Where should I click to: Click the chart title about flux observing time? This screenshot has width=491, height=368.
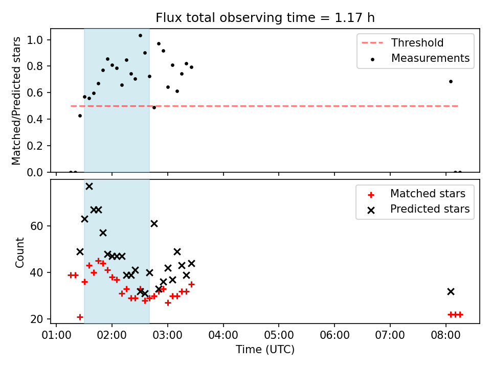[x=265, y=17]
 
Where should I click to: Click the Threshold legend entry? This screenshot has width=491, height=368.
[x=403, y=42]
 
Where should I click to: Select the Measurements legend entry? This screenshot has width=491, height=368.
[x=419, y=58]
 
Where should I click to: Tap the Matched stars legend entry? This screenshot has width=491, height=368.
[x=416, y=194]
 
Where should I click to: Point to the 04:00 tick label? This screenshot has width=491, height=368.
[x=224, y=335]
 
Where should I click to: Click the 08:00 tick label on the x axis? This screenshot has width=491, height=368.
[x=445, y=335]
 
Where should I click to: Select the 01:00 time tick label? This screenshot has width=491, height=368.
[x=56, y=335]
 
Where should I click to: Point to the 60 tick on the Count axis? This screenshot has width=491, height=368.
[x=37, y=226]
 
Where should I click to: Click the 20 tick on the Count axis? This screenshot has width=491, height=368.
[x=37, y=319]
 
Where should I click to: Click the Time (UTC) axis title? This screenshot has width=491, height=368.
[x=265, y=349]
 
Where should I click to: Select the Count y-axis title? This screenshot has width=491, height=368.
[x=19, y=252]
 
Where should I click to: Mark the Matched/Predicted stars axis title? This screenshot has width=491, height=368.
[x=16, y=101]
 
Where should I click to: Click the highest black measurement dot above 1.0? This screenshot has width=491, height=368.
[x=140, y=36]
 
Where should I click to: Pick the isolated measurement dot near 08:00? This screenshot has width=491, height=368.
[x=451, y=82]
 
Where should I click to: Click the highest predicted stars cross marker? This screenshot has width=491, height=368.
[x=89, y=187]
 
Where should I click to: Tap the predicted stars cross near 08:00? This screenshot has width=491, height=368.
[x=451, y=292]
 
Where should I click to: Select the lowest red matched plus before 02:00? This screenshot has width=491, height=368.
[x=80, y=317]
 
